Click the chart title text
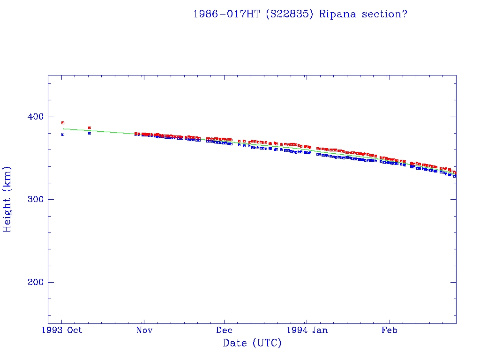(300, 14)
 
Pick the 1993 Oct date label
(62, 330)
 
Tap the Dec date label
(224, 330)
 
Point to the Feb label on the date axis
(389, 330)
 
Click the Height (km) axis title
(7, 199)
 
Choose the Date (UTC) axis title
(252, 344)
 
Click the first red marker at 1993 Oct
(62, 123)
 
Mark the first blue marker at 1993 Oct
(62, 135)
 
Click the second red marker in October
(89, 127)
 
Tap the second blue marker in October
(89, 133)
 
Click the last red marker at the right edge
(454, 172)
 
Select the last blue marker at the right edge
(454, 176)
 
